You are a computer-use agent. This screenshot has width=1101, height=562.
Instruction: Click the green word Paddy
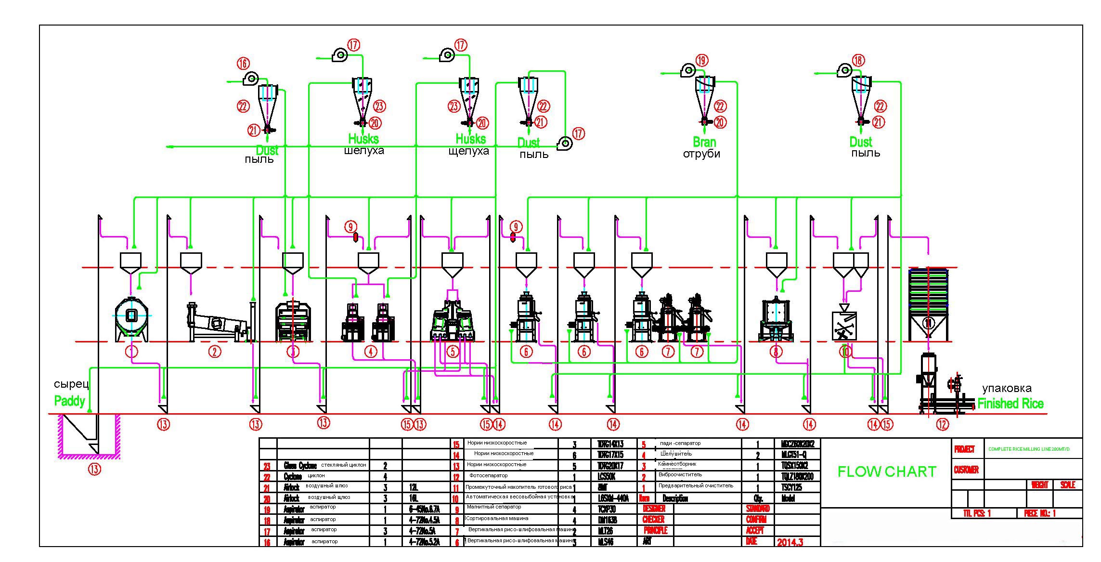69,401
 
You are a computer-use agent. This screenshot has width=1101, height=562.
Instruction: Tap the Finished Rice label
1010,404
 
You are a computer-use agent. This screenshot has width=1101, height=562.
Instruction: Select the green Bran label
704,142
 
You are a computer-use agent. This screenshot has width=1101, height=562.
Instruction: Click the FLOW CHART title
887,471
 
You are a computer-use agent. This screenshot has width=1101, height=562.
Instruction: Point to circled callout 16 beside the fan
243,63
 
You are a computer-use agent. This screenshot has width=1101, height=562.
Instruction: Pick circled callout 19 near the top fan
702,60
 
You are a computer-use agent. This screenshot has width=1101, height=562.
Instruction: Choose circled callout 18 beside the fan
858,60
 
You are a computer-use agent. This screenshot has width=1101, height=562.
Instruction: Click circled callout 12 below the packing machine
942,424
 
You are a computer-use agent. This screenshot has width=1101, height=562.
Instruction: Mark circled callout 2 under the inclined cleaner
215,352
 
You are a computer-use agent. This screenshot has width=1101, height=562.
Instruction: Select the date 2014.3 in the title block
790,542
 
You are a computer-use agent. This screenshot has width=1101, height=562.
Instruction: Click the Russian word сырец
71,384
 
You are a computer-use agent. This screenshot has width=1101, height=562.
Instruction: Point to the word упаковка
1007,388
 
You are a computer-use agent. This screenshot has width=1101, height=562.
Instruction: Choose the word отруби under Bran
701,154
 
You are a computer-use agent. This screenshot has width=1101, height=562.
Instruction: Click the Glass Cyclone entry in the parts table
300,466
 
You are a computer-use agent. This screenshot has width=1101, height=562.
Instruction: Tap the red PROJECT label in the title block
964,449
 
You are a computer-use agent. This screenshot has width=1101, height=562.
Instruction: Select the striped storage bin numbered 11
928,303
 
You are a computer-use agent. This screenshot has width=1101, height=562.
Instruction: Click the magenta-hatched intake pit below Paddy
89,436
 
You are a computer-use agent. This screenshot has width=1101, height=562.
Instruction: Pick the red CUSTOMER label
966,470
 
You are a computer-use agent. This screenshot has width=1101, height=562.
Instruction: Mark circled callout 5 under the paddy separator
453,352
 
